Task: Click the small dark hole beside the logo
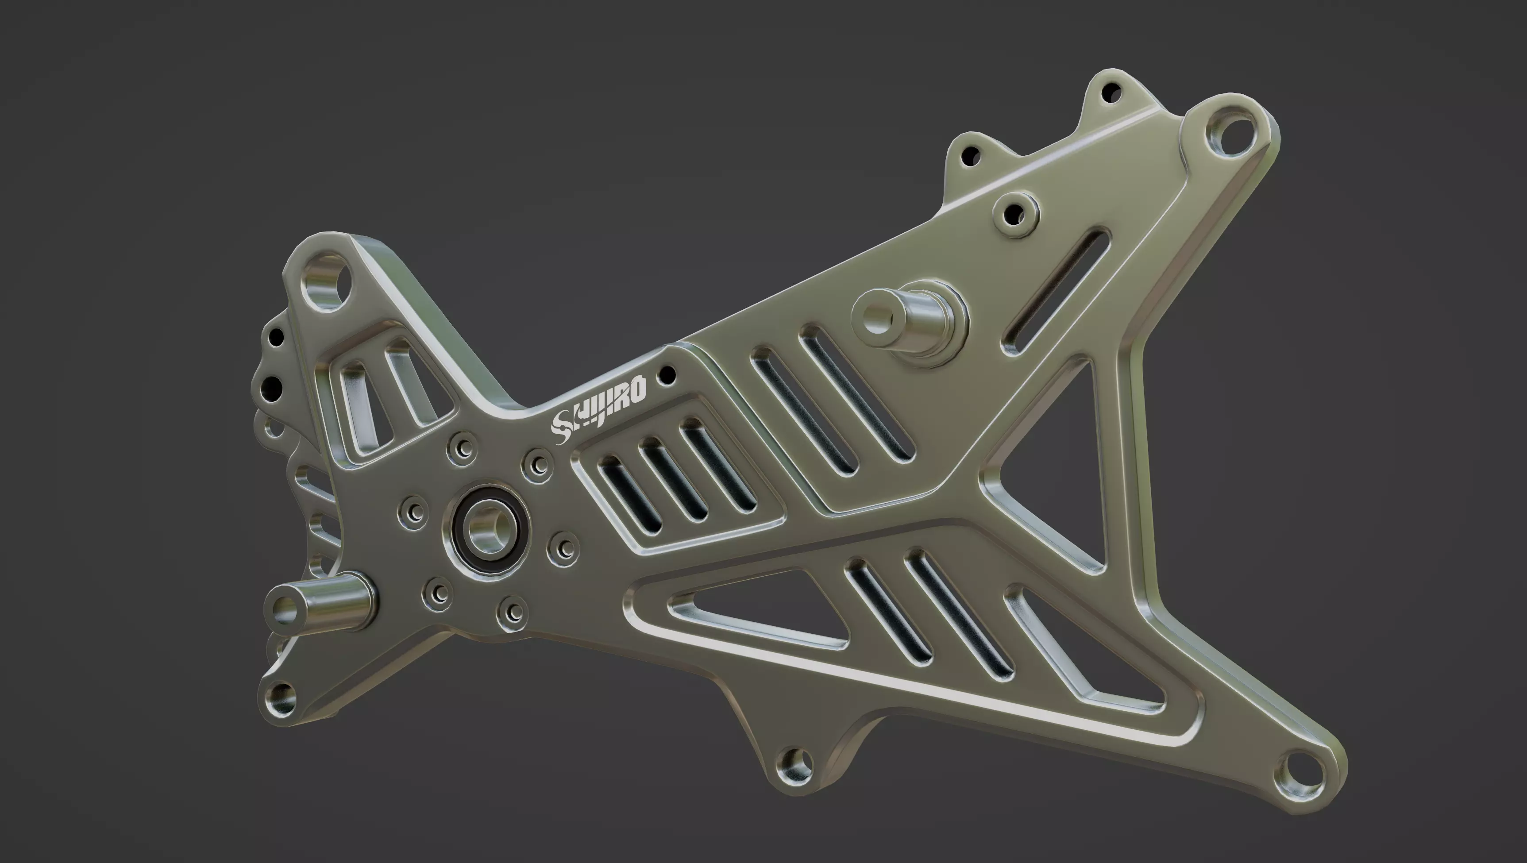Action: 667,374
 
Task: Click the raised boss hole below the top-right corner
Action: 1015,212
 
